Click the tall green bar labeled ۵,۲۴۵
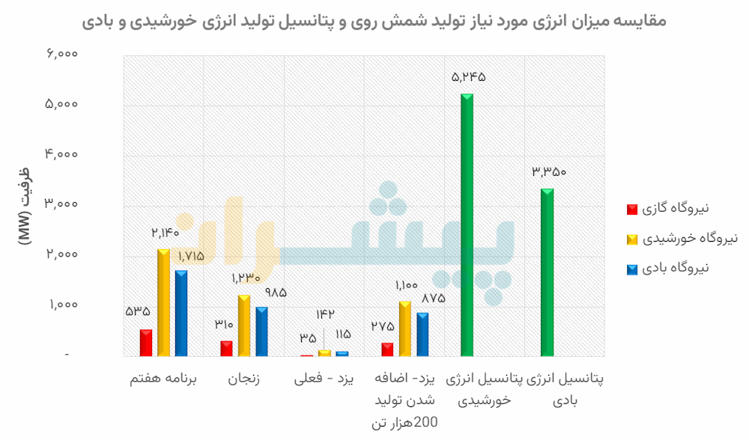(467, 224)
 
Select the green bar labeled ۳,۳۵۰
(547, 272)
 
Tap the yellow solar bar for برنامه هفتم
(163, 303)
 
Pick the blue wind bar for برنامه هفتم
(181, 314)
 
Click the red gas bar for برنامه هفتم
(146, 343)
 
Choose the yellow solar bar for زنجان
(244, 326)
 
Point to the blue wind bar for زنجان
(261, 331)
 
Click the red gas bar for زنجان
(226, 349)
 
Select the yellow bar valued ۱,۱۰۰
(405, 329)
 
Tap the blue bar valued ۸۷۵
(423, 334)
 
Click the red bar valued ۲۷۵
(387, 349)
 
